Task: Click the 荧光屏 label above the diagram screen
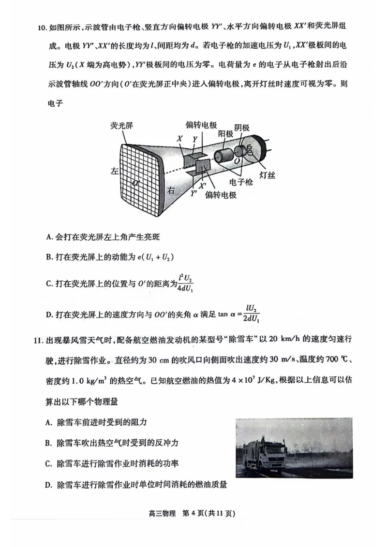(121, 126)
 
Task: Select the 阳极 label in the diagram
(226, 133)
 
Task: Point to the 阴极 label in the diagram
(242, 128)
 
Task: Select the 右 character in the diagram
(170, 190)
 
